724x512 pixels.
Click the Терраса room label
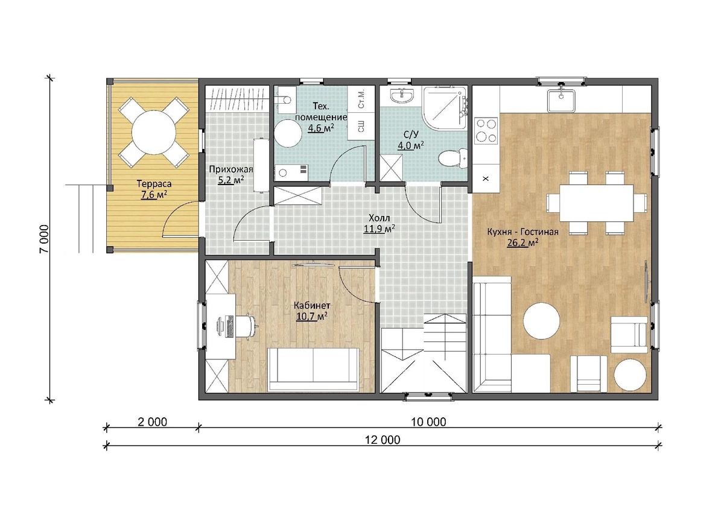[x=154, y=184]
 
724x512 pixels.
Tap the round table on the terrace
[x=153, y=133]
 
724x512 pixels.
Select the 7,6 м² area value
[x=154, y=195]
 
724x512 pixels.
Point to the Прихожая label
[x=230, y=169]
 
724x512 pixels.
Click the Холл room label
[x=379, y=217]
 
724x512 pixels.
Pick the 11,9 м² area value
[x=379, y=229]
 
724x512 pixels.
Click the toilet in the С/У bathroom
[x=453, y=158]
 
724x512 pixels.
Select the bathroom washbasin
[x=401, y=96]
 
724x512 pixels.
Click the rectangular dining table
[x=596, y=203]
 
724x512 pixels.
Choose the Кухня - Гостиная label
[x=522, y=232]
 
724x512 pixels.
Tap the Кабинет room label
[x=311, y=305]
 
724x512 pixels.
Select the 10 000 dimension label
[x=428, y=422]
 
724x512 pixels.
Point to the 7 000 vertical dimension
[x=44, y=239]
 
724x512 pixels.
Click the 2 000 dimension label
[x=152, y=422]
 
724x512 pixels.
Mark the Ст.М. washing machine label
[x=361, y=99]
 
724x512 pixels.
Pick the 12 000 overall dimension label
[x=383, y=440]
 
